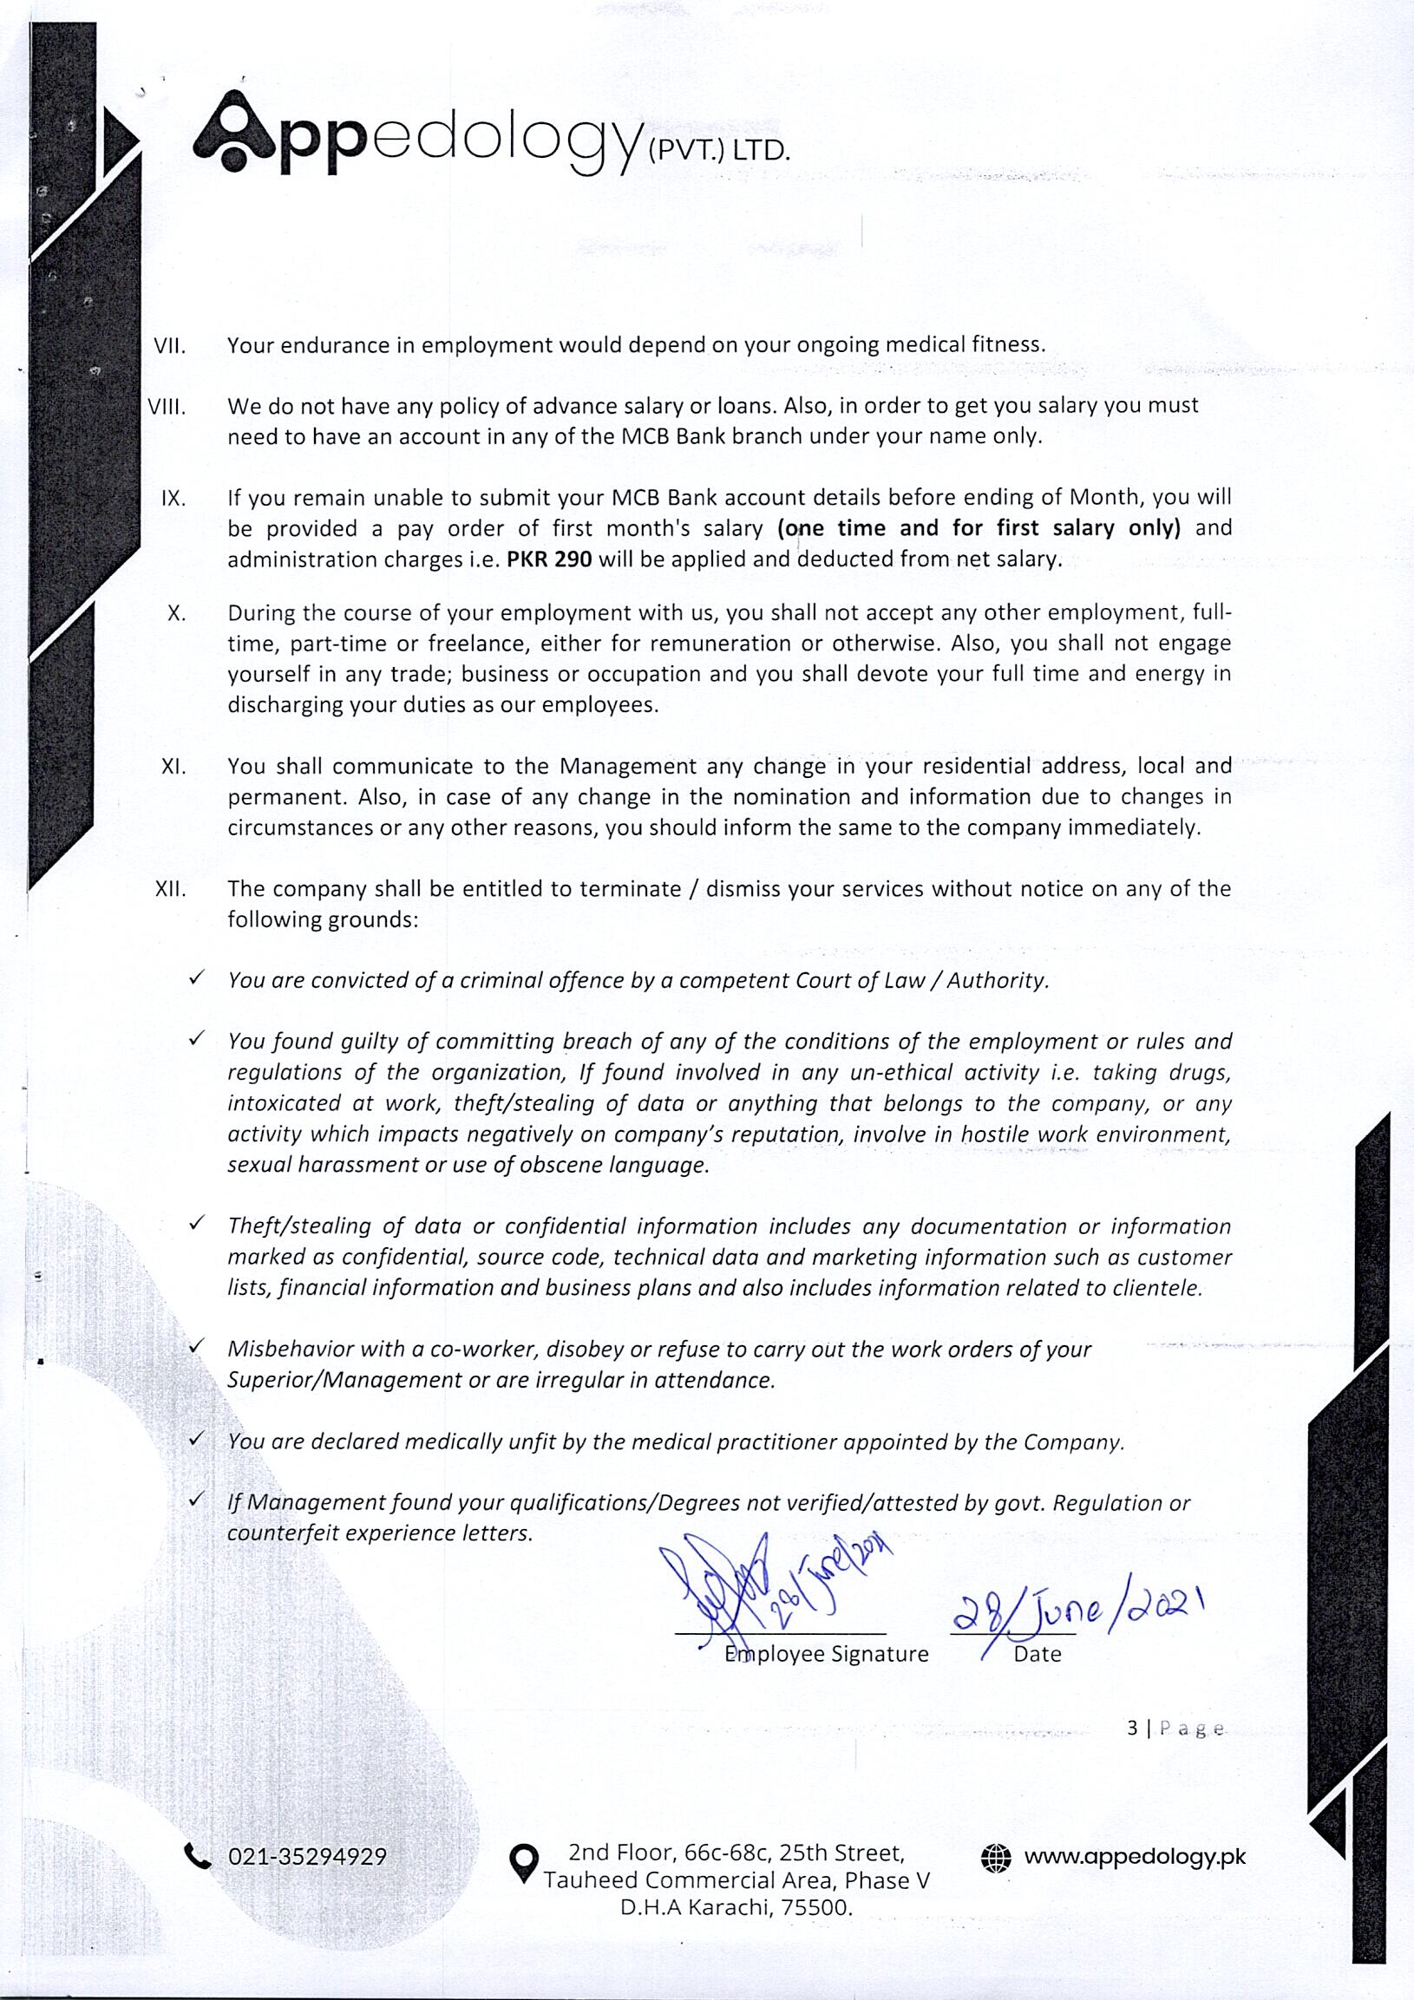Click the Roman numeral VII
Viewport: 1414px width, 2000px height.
point(170,346)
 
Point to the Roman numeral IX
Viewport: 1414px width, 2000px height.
point(173,498)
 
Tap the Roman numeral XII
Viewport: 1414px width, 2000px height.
point(170,889)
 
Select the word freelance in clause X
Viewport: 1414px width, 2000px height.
point(475,644)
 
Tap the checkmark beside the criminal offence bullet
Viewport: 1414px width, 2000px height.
point(197,977)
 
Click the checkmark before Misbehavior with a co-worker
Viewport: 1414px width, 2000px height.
point(197,1346)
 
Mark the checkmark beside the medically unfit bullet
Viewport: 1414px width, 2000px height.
point(197,1438)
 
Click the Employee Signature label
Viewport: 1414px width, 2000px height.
point(826,1654)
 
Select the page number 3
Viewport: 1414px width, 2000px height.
point(1132,1729)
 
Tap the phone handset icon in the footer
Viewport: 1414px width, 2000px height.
point(198,1856)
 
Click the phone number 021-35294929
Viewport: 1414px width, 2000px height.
point(307,1857)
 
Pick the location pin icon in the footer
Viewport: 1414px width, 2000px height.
point(523,1862)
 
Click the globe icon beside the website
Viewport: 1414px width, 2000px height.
point(996,1857)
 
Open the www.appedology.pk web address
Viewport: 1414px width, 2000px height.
point(1135,1856)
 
